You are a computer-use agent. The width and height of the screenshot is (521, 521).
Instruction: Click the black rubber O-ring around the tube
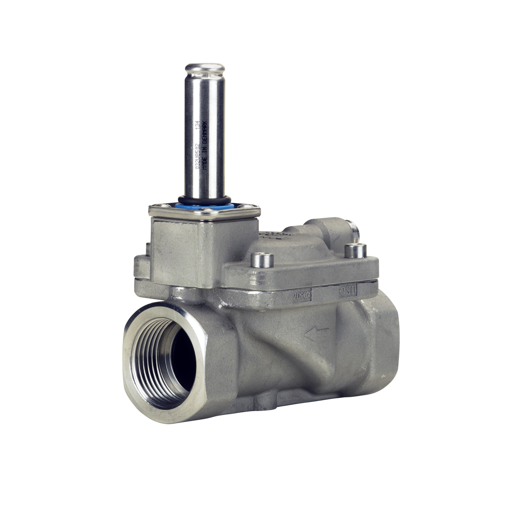pos(204,199)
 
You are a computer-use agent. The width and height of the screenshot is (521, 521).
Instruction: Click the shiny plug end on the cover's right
pos(352,233)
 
